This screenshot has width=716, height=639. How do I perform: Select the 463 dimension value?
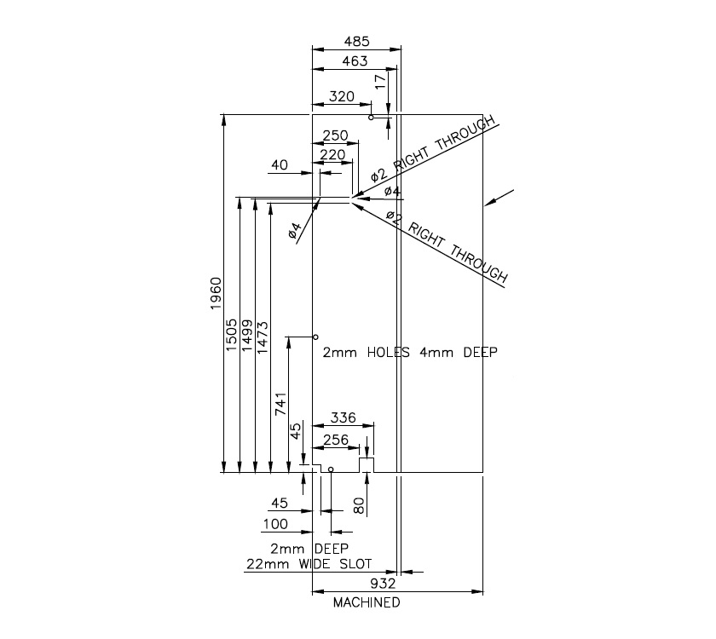coord(355,60)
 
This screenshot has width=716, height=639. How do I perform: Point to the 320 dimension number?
coord(341,96)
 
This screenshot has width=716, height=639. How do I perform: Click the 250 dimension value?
coord(336,135)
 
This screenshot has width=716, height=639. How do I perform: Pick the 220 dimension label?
coord(332,155)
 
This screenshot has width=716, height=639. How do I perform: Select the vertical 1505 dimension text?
coord(231,335)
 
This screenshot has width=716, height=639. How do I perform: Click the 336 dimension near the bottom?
coord(343,418)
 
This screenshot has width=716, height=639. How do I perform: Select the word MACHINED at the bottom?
coord(367,602)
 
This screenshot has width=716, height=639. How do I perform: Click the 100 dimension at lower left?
coord(275,524)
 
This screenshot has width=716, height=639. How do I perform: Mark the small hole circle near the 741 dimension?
coord(315,337)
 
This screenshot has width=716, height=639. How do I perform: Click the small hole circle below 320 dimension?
coord(372,118)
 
